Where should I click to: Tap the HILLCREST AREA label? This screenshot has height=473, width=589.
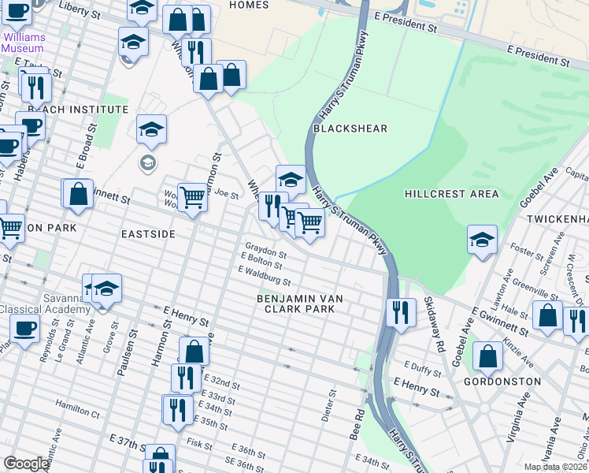pyautogui.click(x=451, y=194)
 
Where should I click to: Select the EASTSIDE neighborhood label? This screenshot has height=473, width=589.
pyautogui.click(x=147, y=234)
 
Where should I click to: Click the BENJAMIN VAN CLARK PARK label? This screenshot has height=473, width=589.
pyautogui.click(x=296, y=304)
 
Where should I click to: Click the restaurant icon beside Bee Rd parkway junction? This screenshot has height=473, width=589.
pyautogui.click(x=401, y=312)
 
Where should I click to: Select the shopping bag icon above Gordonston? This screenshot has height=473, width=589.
pyautogui.click(x=488, y=356)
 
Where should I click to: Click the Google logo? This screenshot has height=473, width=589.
pyautogui.click(x=26, y=464)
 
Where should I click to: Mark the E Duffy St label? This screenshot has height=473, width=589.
pyautogui.click(x=419, y=366)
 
